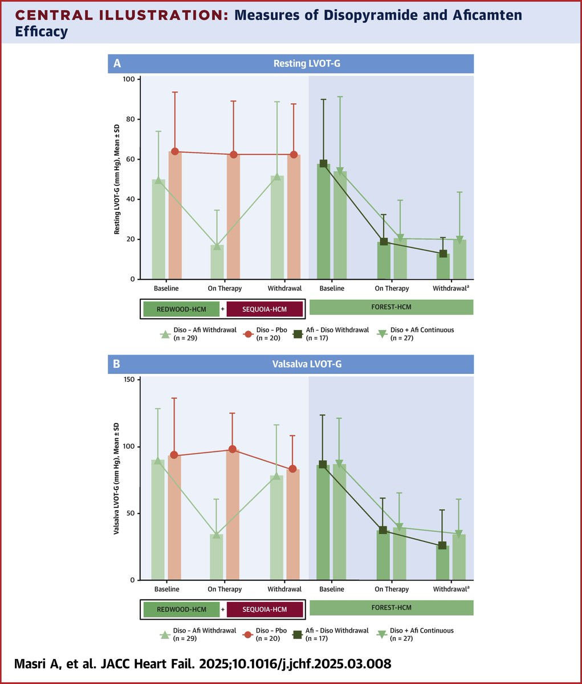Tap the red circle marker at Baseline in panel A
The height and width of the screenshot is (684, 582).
click(175, 152)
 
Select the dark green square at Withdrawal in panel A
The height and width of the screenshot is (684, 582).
click(443, 254)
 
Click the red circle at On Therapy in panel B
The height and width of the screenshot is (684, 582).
click(233, 449)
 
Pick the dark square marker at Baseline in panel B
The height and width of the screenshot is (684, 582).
click(323, 465)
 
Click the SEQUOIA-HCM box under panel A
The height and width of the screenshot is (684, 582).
click(264, 309)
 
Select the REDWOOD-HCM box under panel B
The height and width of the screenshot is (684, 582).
click(182, 609)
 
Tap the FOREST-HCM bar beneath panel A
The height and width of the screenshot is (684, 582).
click(391, 307)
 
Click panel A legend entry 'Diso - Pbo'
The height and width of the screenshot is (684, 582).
click(271, 333)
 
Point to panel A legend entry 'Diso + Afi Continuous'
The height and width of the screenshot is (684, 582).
click(422, 333)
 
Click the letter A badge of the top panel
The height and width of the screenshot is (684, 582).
click(117, 63)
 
